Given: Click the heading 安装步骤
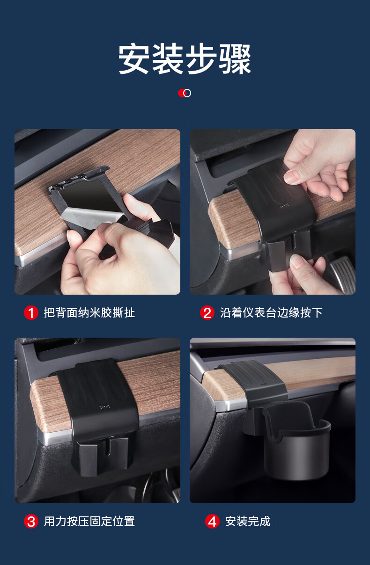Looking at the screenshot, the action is pos(185,59).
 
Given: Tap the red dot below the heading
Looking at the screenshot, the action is pos(181,93).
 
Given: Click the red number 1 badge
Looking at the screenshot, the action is pos(31,313).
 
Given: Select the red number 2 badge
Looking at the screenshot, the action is pos(207,313).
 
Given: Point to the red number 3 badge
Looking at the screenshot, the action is pos(31,522).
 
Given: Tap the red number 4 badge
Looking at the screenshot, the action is pos(212,522).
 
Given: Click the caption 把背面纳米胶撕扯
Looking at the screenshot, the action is pos(89,313).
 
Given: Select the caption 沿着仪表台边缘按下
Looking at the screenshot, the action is pos(271,313).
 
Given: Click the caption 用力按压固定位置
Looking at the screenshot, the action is pos(89,522).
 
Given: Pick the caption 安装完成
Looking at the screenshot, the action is pos(248,522).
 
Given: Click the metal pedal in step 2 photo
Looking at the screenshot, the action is pos(343,274).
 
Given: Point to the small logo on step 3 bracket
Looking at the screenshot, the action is pos(104,407).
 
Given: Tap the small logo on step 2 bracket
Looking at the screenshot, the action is pos(285,206).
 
